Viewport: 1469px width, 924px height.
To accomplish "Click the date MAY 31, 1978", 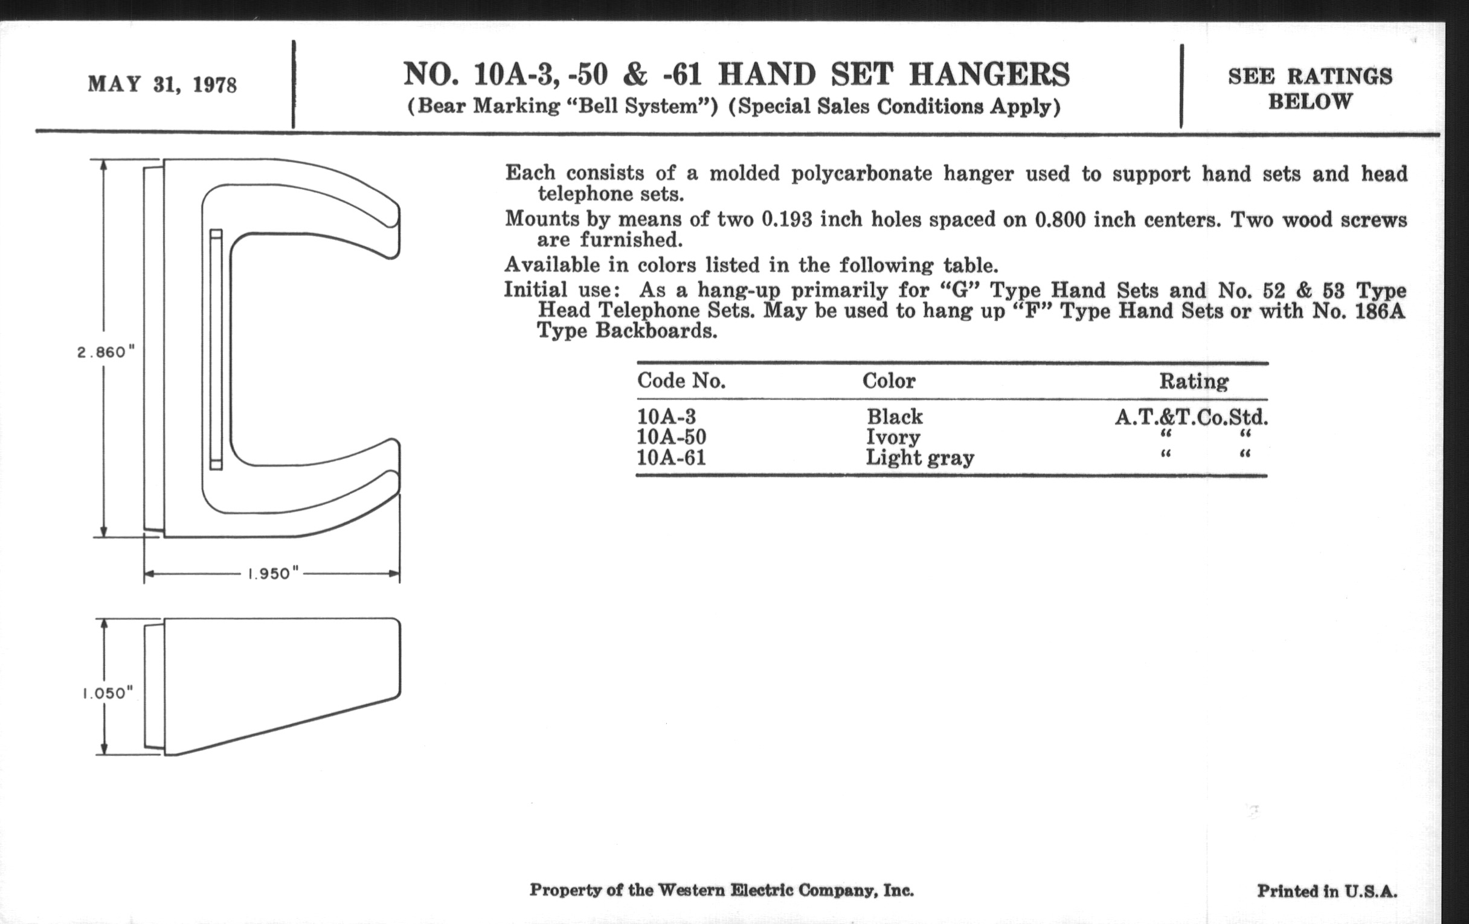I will (x=162, y=84).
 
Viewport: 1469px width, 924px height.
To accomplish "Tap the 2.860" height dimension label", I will (x=105, y=353).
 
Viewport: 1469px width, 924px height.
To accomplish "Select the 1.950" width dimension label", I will (x=272, y=574).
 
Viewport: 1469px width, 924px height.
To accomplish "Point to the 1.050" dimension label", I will (x=108, y=693).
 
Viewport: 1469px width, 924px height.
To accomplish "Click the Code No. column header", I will (x=681, y=381).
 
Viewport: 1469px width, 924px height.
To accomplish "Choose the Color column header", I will (x=889, y=381).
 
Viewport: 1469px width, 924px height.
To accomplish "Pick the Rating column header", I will (x=1193, y=382).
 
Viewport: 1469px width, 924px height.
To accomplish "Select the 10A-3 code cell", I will (x=666, y=417).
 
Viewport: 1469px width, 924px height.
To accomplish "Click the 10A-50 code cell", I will (x=671, y=437).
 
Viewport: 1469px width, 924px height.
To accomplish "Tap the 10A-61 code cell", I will (x=671, y=457).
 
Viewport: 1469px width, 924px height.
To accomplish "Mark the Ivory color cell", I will (x=893, y=437).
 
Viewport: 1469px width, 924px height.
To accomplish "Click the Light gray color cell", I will (x=919, y=457).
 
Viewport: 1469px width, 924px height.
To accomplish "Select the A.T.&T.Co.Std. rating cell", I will (x=1191, y=418).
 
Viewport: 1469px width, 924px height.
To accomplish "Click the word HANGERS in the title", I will (x=989, y=75).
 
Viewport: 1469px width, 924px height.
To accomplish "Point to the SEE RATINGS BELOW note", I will (x=1310, y=88).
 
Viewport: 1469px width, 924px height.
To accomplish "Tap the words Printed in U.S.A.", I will (x=1327, y=891).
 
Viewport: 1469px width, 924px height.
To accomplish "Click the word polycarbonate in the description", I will (x=861, y=174).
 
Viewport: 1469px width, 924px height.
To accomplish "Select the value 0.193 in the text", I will (x=786, y=220).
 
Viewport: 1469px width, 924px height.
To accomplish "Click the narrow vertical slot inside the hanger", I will (x=216, y=350).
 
